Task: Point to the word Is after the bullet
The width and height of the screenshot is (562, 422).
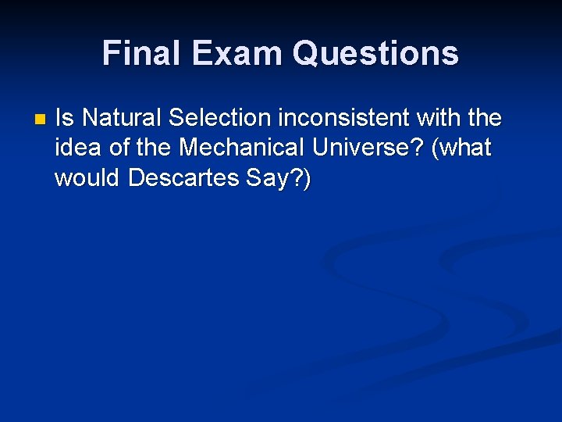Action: (65, 118)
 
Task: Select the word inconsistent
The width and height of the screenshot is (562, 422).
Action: (342, 118)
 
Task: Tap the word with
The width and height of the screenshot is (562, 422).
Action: (439, 118)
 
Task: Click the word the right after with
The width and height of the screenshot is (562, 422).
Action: (485, 118)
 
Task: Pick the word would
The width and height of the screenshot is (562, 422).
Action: (87, 177)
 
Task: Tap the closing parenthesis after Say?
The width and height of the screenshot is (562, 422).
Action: (307, 179)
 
